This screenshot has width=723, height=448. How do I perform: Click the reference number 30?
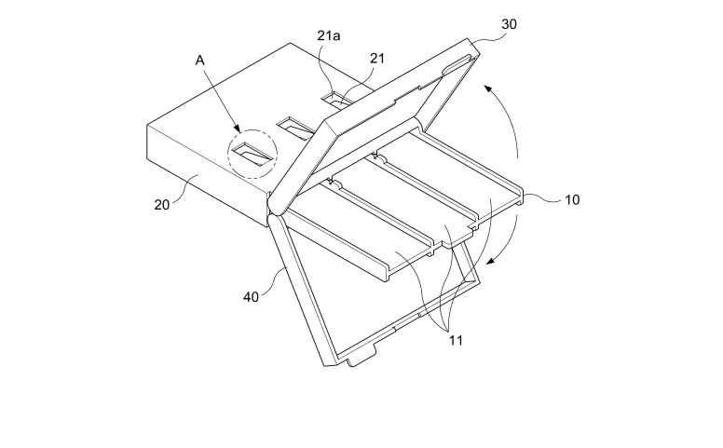[x=509, y=24]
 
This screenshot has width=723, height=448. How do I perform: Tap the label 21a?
[x=328, y=35]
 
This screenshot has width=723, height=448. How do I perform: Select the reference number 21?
[x=376, y=58]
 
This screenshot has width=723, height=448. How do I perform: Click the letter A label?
[x=199, y=61]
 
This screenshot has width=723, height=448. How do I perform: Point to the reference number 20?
[x=162, y=205]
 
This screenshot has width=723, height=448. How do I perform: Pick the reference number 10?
[x=572, y=200]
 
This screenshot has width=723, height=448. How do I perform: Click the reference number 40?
[x=251, y=297]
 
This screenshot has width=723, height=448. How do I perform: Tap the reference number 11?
[x=456, y=341]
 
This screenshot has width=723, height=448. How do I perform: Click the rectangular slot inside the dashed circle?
[x=252, y=154]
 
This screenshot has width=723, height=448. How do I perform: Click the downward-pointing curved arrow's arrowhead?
[x=492, y=262]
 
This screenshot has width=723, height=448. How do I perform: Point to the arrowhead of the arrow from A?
[x=237, y=129]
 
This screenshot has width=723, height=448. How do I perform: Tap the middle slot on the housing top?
[x=296, y=128]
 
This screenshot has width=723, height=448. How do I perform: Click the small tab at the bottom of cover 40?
[x=361, y=358]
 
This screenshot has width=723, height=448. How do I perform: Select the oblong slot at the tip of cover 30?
[x=457, y=63]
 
